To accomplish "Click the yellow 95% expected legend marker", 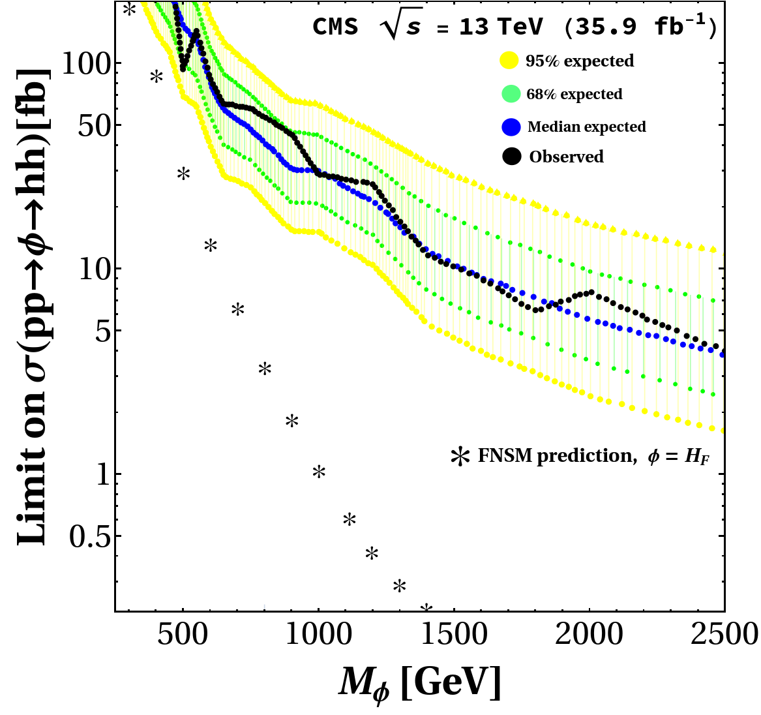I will [x=509, y=61].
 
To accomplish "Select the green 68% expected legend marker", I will [x=511, y=94].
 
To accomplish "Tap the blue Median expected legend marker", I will [x=512, y=127].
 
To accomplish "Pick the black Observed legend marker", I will [x=512, y=157].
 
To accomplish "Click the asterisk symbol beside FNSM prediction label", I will [x=461, y=456].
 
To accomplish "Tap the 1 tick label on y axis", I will [x=102, y=474].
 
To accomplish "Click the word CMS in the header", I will [x=335, y=27].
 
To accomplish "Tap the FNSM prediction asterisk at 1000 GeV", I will [x=319, y=472].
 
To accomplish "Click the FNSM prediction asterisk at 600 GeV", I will [x=211, y=246].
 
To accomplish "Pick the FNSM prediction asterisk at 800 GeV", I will [x=265, y=369].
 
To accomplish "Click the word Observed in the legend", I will [x=566, y=157].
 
